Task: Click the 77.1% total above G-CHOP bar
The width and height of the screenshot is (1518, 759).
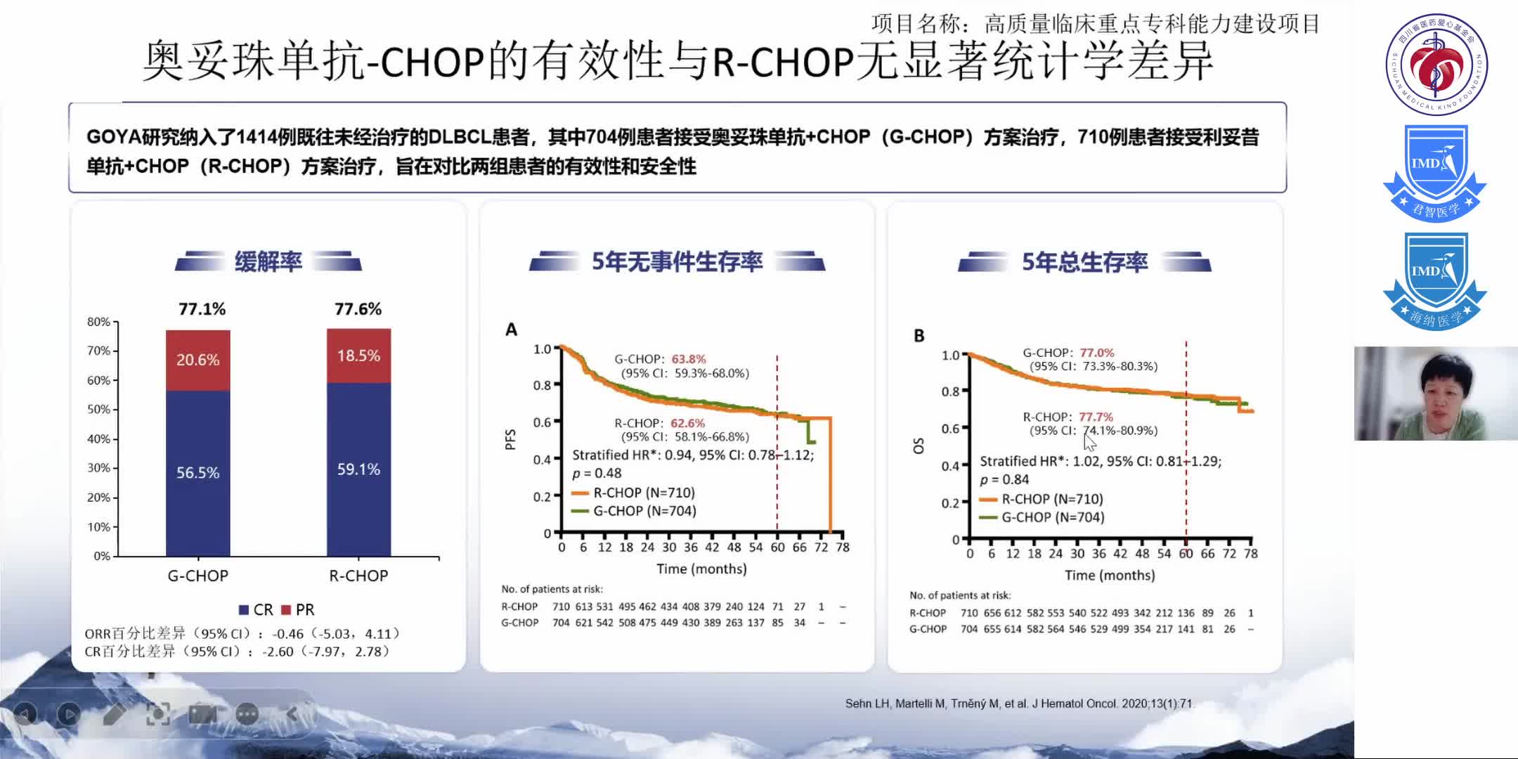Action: tap(202, 309)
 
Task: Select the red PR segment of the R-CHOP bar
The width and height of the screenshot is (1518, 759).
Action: tap(358, 356)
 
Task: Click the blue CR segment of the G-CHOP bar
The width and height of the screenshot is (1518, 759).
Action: tap(197, 472)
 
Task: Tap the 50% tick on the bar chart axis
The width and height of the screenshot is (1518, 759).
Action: tap(99, 410)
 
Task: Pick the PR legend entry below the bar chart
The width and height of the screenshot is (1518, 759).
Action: tap(298, 609)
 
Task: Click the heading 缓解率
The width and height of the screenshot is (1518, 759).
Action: tap(268, 261)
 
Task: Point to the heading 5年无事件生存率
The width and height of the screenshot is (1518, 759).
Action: tap(677, 261)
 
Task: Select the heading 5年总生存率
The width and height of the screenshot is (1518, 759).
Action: tap(1084, 262)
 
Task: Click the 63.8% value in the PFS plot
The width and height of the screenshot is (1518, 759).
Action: tap(689, 359)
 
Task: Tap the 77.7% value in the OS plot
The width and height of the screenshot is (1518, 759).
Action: tap(1096, 417)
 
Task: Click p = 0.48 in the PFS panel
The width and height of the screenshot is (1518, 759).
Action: tap(597, 473)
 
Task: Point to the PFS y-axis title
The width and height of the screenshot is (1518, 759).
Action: tap(510, 439)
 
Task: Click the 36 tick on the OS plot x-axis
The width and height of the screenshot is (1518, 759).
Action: tap(1098, 554)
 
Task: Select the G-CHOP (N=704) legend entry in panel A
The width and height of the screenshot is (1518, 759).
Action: tap(635, 511)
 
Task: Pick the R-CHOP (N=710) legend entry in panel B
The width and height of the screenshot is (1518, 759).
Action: tap(1043, 499)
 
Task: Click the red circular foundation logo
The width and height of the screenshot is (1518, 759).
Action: tap(1436, 64)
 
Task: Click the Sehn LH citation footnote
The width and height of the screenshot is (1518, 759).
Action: tap(1018, 703)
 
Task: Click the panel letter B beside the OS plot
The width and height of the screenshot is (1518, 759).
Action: tap(919, 336)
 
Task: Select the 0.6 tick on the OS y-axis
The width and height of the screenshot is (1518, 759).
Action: tap(950, 429)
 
